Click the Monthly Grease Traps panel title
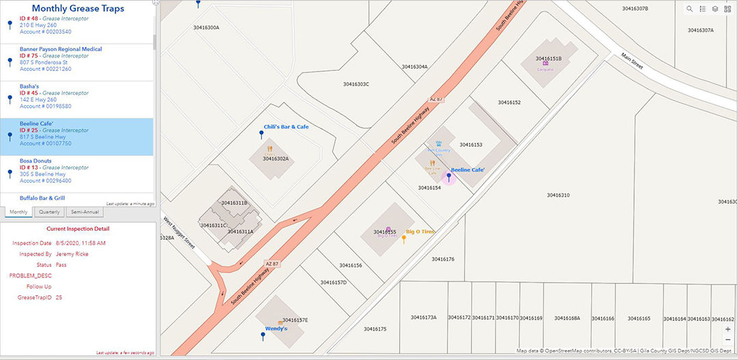(78, 9)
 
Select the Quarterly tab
(49, 212)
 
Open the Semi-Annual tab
(85, 212)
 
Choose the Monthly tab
(18, 212)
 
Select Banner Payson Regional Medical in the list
(61, 49)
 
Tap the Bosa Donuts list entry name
(36, 161)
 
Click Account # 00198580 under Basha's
(45, 107)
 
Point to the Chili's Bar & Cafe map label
(286, 127)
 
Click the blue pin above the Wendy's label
(264, 335)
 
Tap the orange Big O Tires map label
(420, 232)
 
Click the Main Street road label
(633, 61)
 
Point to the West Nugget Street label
(180, 233)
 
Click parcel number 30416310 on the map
(558, 195)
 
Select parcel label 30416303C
(355, 84)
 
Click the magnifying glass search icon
(689, 9)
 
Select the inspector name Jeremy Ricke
(72, 254)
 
